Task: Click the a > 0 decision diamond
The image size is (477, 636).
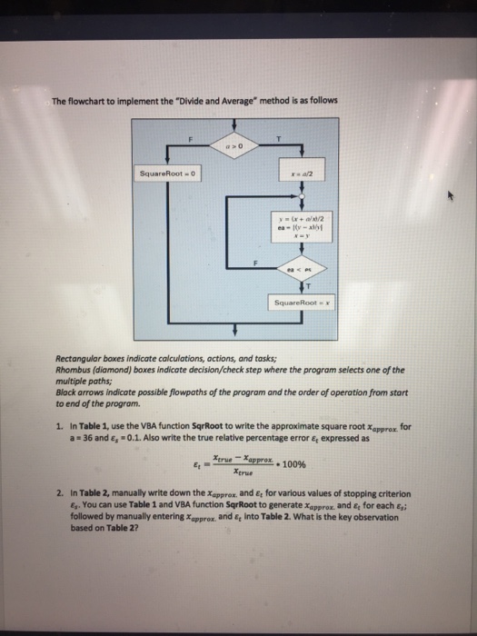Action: pyautogui.click(x=228, y=145)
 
